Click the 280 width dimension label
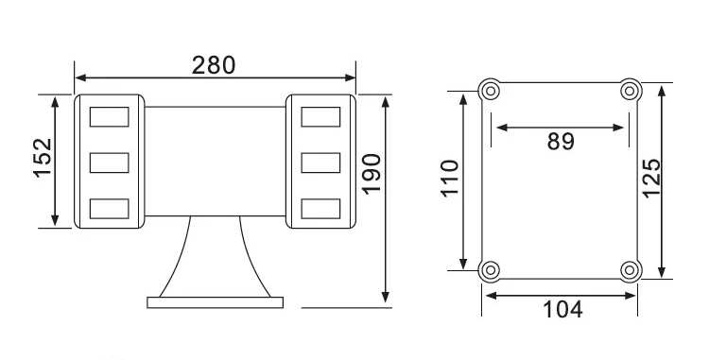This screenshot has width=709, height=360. coord(214,65)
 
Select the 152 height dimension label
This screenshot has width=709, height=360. coord(40,161)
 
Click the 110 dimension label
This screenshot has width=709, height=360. coord(449,180)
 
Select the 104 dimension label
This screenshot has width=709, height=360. coord(562,309)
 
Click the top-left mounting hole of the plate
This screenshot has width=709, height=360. coord(490,92)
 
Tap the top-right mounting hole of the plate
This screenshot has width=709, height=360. coord(630,92)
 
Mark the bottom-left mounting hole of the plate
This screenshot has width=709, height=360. coord(490,270)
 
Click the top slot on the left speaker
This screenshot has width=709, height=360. coord(109,117)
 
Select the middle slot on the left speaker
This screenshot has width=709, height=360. coord(109,163)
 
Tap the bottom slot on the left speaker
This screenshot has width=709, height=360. coord(109,207)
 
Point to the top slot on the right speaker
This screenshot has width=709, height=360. coord(320,117)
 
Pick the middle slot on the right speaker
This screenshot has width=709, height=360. coord(320,163)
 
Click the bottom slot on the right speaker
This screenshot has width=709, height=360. coord(320,207)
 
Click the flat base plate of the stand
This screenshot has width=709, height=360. coord(216,302)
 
